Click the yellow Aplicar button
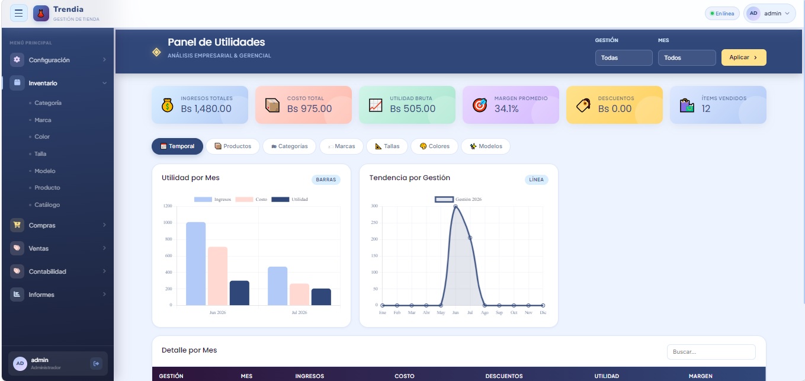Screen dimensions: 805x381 point(743,57)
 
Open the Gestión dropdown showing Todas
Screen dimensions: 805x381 point(624,58)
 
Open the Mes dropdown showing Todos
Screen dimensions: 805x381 point(687,58)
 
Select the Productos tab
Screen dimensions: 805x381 point(233,146)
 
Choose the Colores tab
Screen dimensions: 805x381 point(434,146)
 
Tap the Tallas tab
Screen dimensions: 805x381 point(387,146)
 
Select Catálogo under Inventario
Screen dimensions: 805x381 point(47,205)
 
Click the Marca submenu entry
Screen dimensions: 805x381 point(43,120)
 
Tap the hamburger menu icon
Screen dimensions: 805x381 point(19,13)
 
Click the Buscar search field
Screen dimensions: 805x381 point(711,352)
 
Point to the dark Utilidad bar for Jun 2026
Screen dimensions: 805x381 point(239,293)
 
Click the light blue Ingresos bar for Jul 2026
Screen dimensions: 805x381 point(277,286)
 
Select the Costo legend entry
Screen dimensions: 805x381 point(251,200)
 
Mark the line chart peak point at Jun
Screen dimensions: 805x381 point(456,206)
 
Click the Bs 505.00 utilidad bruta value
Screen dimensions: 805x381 point(412,108)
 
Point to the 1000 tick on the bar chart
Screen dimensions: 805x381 point(168,222)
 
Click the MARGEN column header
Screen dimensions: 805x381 point(700,376)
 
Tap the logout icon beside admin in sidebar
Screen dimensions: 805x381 point(97,364)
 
